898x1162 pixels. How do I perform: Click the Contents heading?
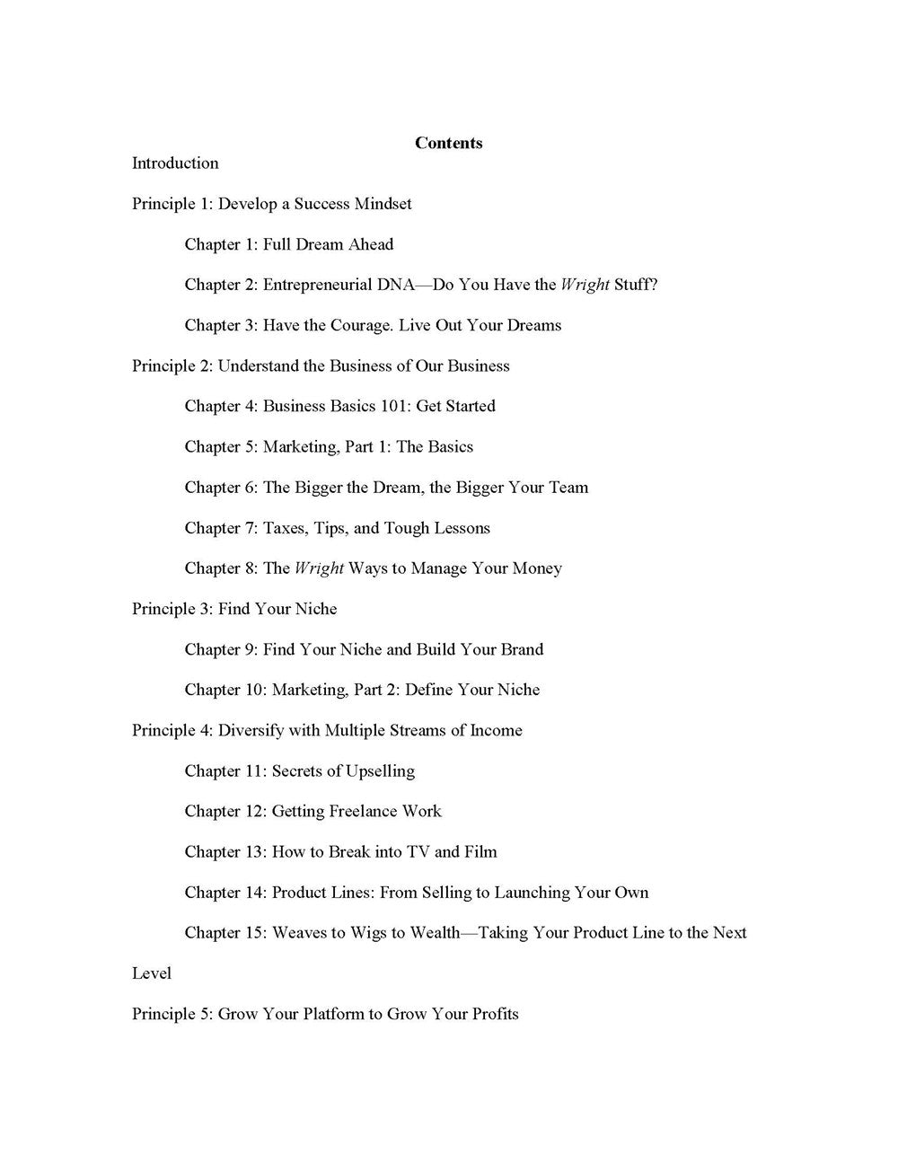448,143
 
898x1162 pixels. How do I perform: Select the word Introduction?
175,163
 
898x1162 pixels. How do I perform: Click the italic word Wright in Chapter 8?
319,568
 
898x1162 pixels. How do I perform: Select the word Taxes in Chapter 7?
284,528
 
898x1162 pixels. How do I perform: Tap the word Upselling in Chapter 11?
379,770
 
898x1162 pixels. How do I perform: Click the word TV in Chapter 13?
418,851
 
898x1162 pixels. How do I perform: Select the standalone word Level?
152,973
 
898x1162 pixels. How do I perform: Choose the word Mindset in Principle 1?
383,204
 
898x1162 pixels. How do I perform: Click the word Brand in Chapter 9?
521,649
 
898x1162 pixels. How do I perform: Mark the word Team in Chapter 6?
568,488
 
